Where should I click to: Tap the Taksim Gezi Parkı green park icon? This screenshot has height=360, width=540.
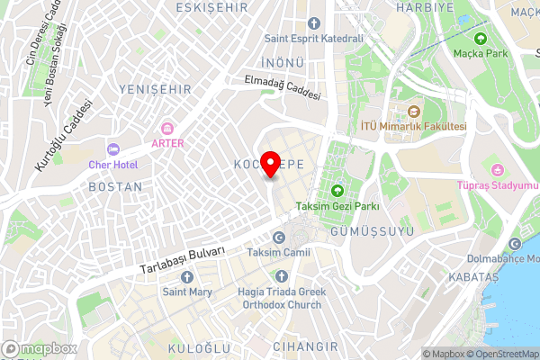[337, 190]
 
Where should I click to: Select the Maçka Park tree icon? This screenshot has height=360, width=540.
[480, 39]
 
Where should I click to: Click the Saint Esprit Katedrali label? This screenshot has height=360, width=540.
[313, 39]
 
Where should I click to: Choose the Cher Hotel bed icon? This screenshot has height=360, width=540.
[112, 148]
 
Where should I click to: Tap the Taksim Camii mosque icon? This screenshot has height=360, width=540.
[278, 237]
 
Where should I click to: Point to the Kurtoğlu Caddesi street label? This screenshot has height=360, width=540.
[64, 135]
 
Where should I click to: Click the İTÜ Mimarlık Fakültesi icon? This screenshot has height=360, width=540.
[414, 112]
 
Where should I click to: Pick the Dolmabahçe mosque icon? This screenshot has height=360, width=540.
[515, 244]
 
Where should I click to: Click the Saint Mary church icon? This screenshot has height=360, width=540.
[186, 276]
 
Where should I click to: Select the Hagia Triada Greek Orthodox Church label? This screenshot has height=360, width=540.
[279, 298]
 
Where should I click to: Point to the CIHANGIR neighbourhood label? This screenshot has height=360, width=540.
[306, 346]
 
